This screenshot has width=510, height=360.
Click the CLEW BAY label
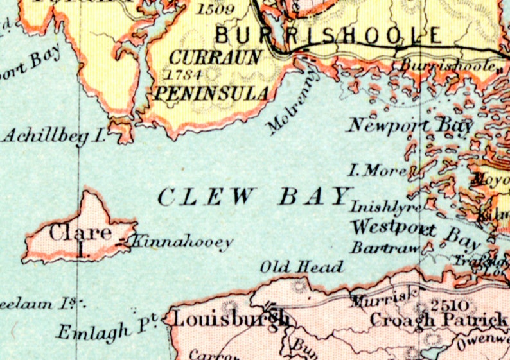click(256, 196)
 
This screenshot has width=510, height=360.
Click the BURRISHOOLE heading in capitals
click(328, 35)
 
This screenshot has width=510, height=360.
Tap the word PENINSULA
click(211, 94)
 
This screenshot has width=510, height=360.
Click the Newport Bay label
click(411, 124)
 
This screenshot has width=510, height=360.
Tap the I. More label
click(377, 171)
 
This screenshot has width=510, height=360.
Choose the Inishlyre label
click(385, 207)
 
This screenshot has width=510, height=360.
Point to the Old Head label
click(302, 266)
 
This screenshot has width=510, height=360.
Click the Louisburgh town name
click(229, 318)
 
